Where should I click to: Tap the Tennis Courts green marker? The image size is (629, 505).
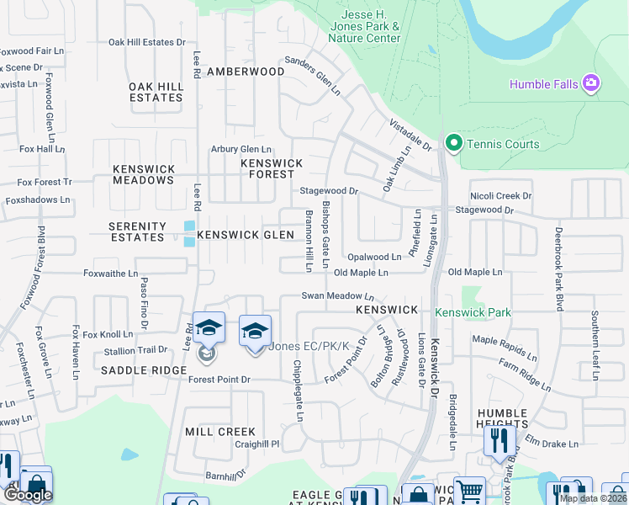coord(454,144)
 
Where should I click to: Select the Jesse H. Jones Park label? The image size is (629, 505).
coord(370,26)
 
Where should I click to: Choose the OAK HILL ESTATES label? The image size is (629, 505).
coord(156,92)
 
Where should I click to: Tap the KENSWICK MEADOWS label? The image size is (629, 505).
coord(144,174)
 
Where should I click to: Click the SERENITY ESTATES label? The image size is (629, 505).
coord(137,231)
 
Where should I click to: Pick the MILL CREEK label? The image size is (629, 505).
coord(219,432)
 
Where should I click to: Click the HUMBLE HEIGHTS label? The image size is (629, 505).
coord(503,418)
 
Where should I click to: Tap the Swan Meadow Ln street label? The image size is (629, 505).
coord(338,296)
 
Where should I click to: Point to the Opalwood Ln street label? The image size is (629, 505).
coord(374,257)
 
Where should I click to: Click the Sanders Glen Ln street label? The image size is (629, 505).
coord(312,76)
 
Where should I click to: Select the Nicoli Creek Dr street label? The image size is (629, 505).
coord(500,195)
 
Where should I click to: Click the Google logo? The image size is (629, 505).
coord(28,495)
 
